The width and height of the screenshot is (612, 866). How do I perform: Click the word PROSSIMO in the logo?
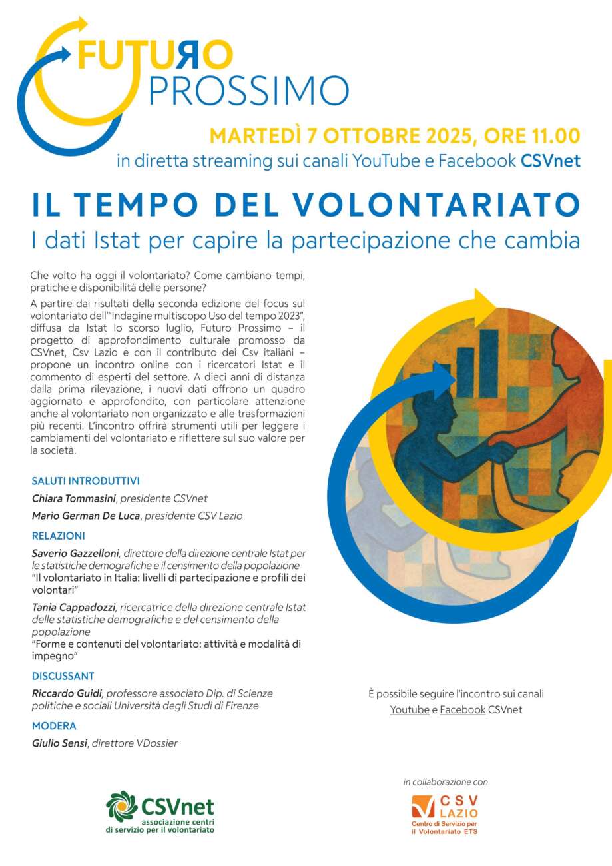[248, 91]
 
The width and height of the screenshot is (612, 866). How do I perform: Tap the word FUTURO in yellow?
[155, 55]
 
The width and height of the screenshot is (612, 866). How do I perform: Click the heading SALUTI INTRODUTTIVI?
[85, 481]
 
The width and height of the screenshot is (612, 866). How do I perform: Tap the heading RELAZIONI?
[59, 536]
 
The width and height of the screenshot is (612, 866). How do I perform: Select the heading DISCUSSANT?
[63, 676]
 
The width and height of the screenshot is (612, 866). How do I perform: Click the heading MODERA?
[54, 726]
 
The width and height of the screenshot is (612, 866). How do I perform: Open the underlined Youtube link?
[410, 710]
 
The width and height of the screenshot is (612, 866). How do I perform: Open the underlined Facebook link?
[462, 710]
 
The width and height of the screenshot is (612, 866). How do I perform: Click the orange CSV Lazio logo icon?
[423, 807]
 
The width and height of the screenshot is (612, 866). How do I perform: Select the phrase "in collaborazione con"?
[446, 782]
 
